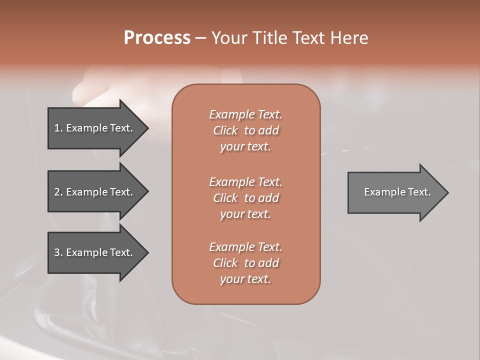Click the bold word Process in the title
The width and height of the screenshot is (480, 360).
coord(157,38)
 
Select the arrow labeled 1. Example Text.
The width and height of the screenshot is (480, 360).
coord(95,128)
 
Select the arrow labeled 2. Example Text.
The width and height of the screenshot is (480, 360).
coord(95,192)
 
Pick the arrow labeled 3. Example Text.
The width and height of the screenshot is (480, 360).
coord(95,252)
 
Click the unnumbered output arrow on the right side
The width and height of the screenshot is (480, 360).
coord(395,192)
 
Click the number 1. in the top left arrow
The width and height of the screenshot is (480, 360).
coord(58,128)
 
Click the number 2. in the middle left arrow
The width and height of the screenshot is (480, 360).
coord(58,192)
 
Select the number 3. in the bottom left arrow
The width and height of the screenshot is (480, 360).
coord(58,252)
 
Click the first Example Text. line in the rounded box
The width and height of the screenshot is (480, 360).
coord(245,114)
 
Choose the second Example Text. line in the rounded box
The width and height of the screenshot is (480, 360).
coord(245,182)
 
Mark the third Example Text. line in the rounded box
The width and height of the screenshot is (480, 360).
coord(245,247)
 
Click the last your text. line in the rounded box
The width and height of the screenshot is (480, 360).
coord(245,279)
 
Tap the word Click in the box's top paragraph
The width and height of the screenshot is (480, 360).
coord(225,130)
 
